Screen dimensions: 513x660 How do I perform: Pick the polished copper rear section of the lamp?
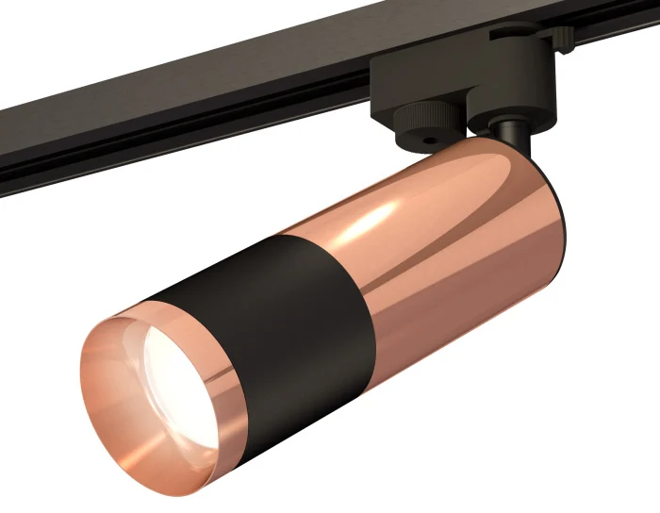(453, 245)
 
